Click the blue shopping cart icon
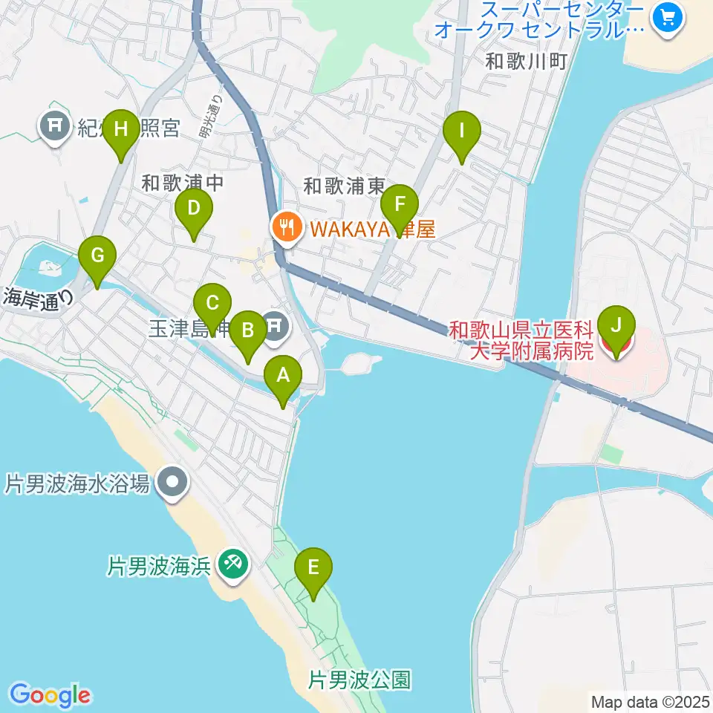[x=666, y=17]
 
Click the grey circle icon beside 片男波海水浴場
[x=173, y=484]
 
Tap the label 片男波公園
[x=359, y=679]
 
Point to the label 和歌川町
[x=526, y=61]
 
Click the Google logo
[x=51, y=695]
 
